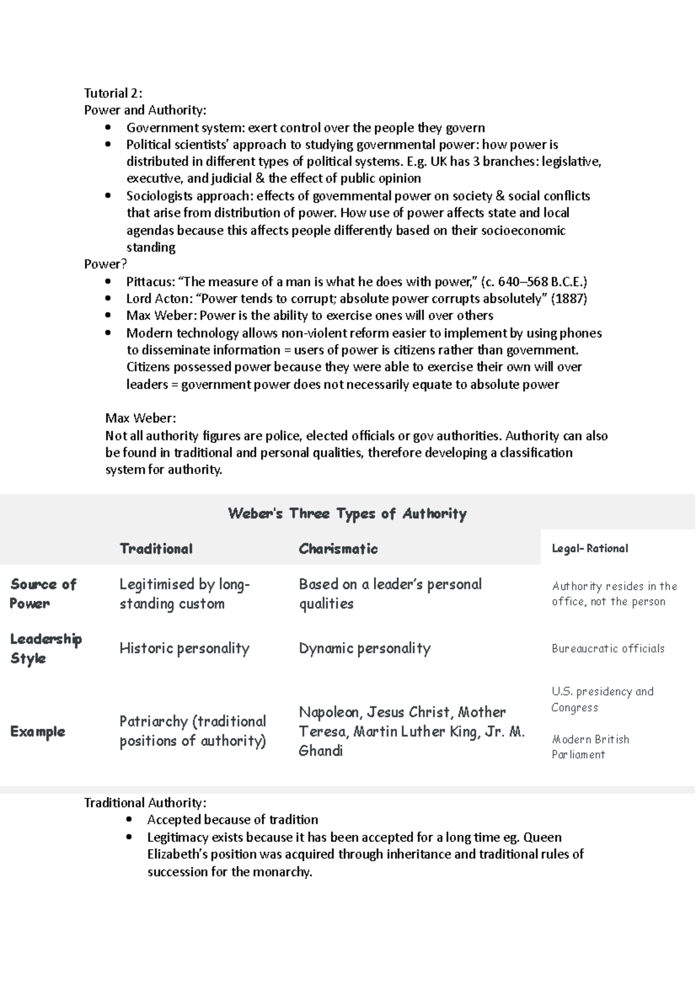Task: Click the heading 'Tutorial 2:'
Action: pyautogui.click(x=113, y=93)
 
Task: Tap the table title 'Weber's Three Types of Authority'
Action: pyautogui.click(x=347, y=513)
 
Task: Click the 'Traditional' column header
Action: pyautogui.click(x=155, y=549)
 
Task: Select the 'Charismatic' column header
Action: pyautogui.click(x=338, y=549)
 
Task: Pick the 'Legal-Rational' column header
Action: pyautogui.click(x=590, y=548)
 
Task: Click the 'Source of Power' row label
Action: pyautogui.click(x=43, y=593)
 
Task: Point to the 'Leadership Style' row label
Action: pyautogui.click(x=45, y=648)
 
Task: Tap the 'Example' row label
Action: pyautogui.click(x=38, y=731)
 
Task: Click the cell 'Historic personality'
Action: pyautogui.click(x=184, y=648)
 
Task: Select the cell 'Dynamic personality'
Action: pyautogui.click(x=364, y=648)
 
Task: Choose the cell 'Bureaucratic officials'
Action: pyautogui.click(x=608, y=648)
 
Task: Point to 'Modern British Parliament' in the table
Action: pyautogui.click(x=590, y=747)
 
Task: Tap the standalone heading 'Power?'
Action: pyautogui.click(x=105, y=265)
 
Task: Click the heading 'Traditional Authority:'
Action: pyautogui.click(x=145, y=803)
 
